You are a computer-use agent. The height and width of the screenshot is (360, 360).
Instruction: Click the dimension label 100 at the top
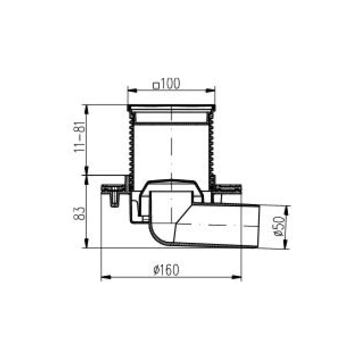click(x=170, y=84)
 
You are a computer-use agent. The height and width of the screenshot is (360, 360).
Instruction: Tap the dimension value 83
click(x=79, y=213)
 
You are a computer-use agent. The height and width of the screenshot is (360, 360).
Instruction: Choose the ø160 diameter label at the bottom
click(x=166, y=270)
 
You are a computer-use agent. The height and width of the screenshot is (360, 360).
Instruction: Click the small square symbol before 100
click(x=156, y=86)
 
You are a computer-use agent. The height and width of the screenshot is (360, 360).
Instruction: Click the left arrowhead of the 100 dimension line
click(x=131, y=90)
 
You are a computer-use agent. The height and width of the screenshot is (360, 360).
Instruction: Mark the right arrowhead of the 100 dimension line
click(x=211, y=90)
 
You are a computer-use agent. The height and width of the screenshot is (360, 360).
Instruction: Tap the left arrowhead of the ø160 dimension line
click(x=106, y=277)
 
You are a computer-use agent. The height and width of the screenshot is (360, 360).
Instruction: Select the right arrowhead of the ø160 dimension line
click(x=237, y=277)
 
